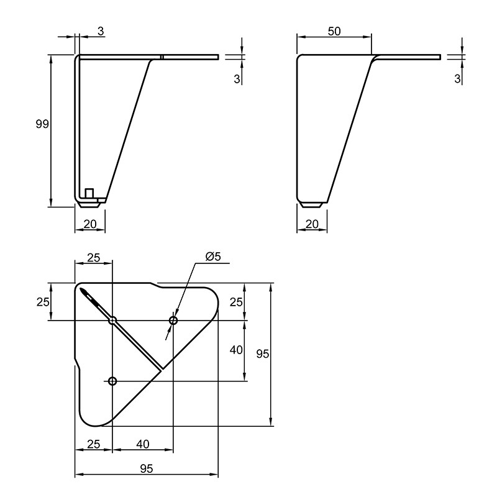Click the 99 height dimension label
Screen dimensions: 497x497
[x=42, y=124]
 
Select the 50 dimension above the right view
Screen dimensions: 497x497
[x=334, y=31]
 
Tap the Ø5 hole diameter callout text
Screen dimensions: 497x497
[x=213, y=256]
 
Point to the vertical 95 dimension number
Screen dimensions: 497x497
[x=263, y=353]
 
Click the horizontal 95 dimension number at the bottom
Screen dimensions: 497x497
[x=147, y=468]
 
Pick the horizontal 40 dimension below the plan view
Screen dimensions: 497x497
[x=143, y=444]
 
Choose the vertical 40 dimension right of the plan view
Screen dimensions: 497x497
[x=236, y=350]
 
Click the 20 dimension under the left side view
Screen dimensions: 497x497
[x=90, y=224]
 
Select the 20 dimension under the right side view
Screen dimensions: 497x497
[x=312, y=224]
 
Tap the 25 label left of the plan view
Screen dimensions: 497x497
[x=43, y=302]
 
